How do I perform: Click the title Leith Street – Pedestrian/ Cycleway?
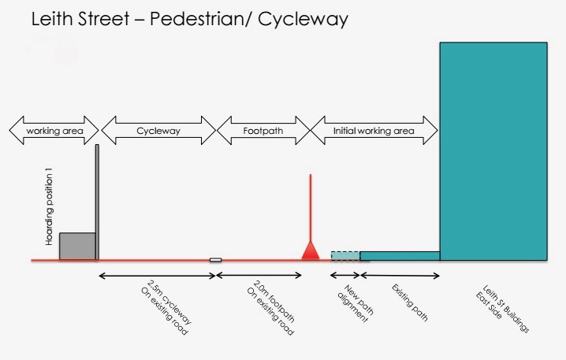point(189,20)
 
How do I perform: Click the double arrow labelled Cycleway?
point(158,130)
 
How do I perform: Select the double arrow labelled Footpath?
point(263,130)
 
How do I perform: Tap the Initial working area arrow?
point(374,130)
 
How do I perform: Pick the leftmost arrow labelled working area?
point(54,130)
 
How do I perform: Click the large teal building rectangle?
point(493,151)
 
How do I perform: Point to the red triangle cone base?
point(311,251)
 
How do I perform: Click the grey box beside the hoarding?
point(77,246)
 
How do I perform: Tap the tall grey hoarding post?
point(97,202)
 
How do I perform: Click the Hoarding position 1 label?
point(49,206)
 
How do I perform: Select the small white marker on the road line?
point(215,260)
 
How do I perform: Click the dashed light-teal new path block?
point(345,256)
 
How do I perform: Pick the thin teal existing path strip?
point(400,256)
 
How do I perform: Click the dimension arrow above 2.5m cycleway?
point(157,276)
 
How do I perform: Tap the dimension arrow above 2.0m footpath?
point(259,276)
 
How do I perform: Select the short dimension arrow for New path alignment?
point(345,276)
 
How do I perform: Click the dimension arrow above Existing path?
point(400,276)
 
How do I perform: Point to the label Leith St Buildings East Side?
point(502,307)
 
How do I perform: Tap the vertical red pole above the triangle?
point(311,208)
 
